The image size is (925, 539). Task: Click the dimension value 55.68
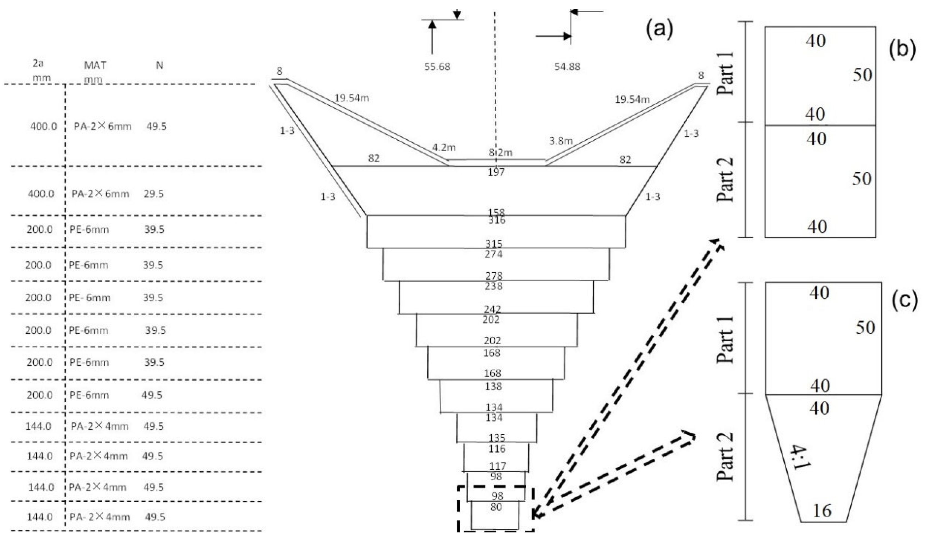(437, 67)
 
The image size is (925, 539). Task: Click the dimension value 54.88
(567, 67)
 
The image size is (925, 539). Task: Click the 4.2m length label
(444, 147)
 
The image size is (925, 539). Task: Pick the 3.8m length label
(560, 141)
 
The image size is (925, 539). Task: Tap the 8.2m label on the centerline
(500, 152)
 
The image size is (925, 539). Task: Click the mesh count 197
(496, 172)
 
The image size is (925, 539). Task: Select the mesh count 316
(497, 220)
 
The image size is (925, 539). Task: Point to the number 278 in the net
(494, 276)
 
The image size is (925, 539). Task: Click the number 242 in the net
(492, 309)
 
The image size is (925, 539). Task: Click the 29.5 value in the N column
(153, 194)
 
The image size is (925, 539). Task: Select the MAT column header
(95, 65)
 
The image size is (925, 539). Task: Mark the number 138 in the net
(493, 386)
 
